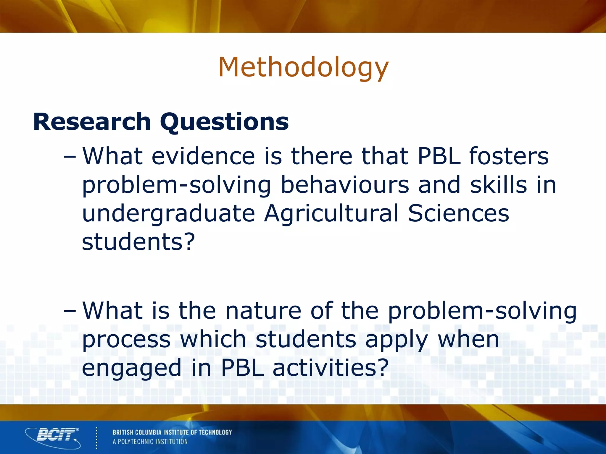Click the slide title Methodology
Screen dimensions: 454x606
303,68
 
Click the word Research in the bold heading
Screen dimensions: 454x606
92,121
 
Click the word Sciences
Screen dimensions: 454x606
458,213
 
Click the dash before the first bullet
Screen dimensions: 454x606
70,157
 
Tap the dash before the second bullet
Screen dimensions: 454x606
70,311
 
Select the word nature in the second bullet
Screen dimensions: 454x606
263,311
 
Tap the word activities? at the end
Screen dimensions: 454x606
330,367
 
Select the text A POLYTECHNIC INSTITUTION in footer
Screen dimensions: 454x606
150,442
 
